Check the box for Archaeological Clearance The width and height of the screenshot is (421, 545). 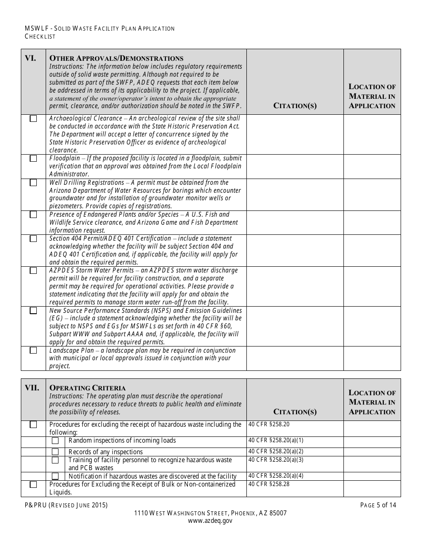pos(33,119)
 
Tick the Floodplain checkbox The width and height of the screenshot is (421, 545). pos(33,159)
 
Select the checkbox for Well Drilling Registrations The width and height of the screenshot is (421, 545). pos(33,183)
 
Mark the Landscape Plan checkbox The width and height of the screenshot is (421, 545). pos(33,350)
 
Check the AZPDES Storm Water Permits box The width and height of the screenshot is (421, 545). pos(33,270)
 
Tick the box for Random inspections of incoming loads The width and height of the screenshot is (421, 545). pos(55,440)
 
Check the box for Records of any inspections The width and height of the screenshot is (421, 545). pos(55,452)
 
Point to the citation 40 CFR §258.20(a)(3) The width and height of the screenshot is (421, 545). pos(276,460)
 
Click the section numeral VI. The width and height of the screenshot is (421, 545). pos(30,58)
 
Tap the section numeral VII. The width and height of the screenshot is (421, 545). pos(31,388)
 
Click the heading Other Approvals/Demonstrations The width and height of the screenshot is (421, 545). pos(116,58)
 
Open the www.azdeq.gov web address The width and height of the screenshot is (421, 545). pos(210,521)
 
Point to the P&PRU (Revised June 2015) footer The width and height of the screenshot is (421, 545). pos(66,505)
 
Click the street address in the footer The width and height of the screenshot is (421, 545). pos(210,513)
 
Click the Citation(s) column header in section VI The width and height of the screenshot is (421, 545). pos(295,106)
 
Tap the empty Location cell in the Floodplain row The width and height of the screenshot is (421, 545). pos(372,167)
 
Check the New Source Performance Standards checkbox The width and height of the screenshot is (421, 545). pos(33,311)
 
